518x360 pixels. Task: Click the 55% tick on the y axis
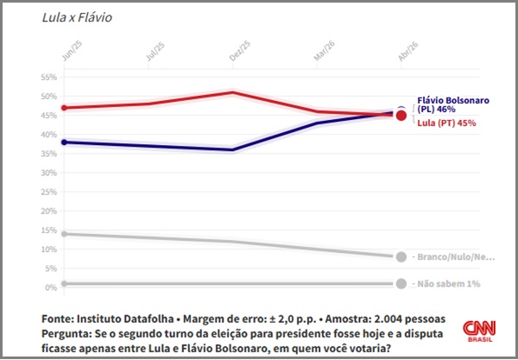click(47, 77)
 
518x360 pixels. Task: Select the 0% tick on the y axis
click(50, 287)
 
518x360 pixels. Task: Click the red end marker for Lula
click(401, 116)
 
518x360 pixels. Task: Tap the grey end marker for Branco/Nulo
click(401, 256)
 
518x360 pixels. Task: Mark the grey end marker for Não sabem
click(401, 283)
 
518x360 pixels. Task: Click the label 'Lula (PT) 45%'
click(446, 123)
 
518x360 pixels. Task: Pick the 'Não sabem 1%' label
click(446, 284)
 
